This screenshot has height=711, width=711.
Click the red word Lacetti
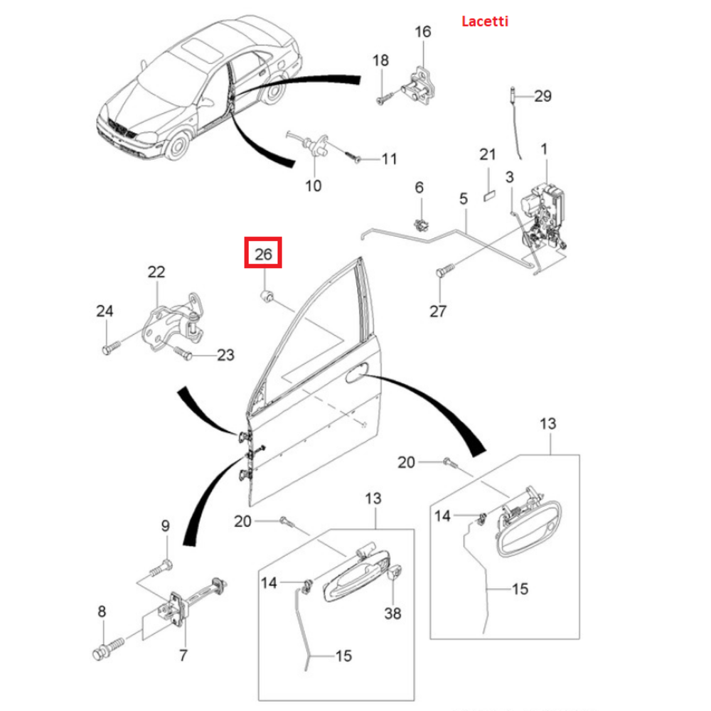pyautogui.click(x=486, y=21)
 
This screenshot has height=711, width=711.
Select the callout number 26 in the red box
pyautogui.click(x=264, y=254)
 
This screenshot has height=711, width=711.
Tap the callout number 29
pyautogui.click(x=542, y=95)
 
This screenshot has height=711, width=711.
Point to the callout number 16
pyautogui.click(x=422, y=32)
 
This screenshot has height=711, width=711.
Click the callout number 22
pyautogui.click(x=156, y=271)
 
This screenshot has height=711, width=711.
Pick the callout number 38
pyautogui.click(x=392, y=612)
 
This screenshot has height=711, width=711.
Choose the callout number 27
pyautogui.click(x=439, y=311)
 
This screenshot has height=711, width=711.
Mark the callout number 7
pyautogui.click(x=183, y=655)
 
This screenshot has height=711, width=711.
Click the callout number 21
pyautogui.click(x=487, y=154)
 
